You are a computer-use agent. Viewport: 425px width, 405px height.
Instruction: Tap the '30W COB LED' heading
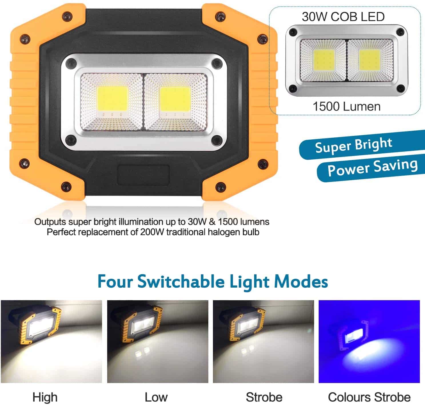(x=343, y=17)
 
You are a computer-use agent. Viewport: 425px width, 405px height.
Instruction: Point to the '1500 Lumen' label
(x=346, y=107)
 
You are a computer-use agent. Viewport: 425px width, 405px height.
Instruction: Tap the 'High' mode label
(x=45, y=397)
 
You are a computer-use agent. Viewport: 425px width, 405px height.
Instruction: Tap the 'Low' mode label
(x=156, y=397)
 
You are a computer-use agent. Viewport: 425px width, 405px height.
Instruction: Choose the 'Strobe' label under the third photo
(x=264, y=397)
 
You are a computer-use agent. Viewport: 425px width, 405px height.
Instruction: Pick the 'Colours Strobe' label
(x=369, y=397)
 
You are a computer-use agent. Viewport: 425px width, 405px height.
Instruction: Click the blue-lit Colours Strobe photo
(x=369, y=342)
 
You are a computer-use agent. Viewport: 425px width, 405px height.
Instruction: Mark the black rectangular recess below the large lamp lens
(x=143, y=175)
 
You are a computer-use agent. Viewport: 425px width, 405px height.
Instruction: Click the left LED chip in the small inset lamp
(x=324, y=61)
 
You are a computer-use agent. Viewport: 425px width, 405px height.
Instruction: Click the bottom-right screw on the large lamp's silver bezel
(x=217, y=140)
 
